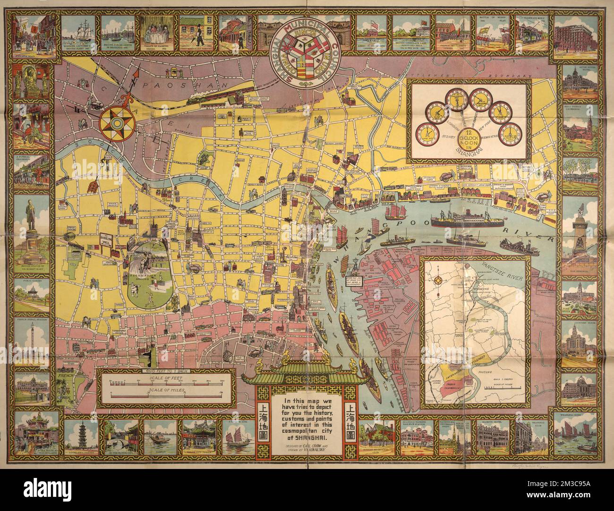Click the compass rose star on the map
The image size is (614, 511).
point(117,120)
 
